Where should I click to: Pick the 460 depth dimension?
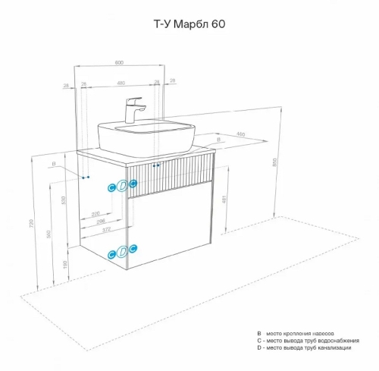coord(241,135)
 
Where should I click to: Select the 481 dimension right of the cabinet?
coord(224,200)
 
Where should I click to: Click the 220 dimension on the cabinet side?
coord(96,213)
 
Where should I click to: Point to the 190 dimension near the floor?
coord(64,264)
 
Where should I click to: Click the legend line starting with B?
coord(304,332)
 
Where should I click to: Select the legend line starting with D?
coord(304,347)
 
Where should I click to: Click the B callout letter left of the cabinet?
coord(54,164)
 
